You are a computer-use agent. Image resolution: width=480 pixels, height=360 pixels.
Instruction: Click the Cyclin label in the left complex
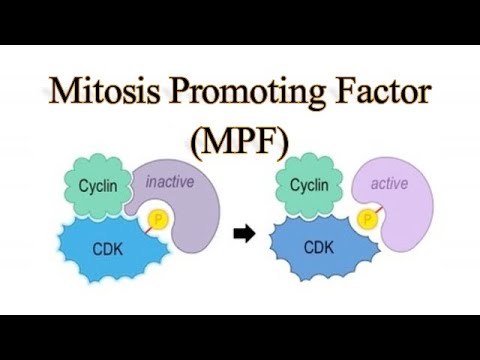[x=100, y=186]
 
